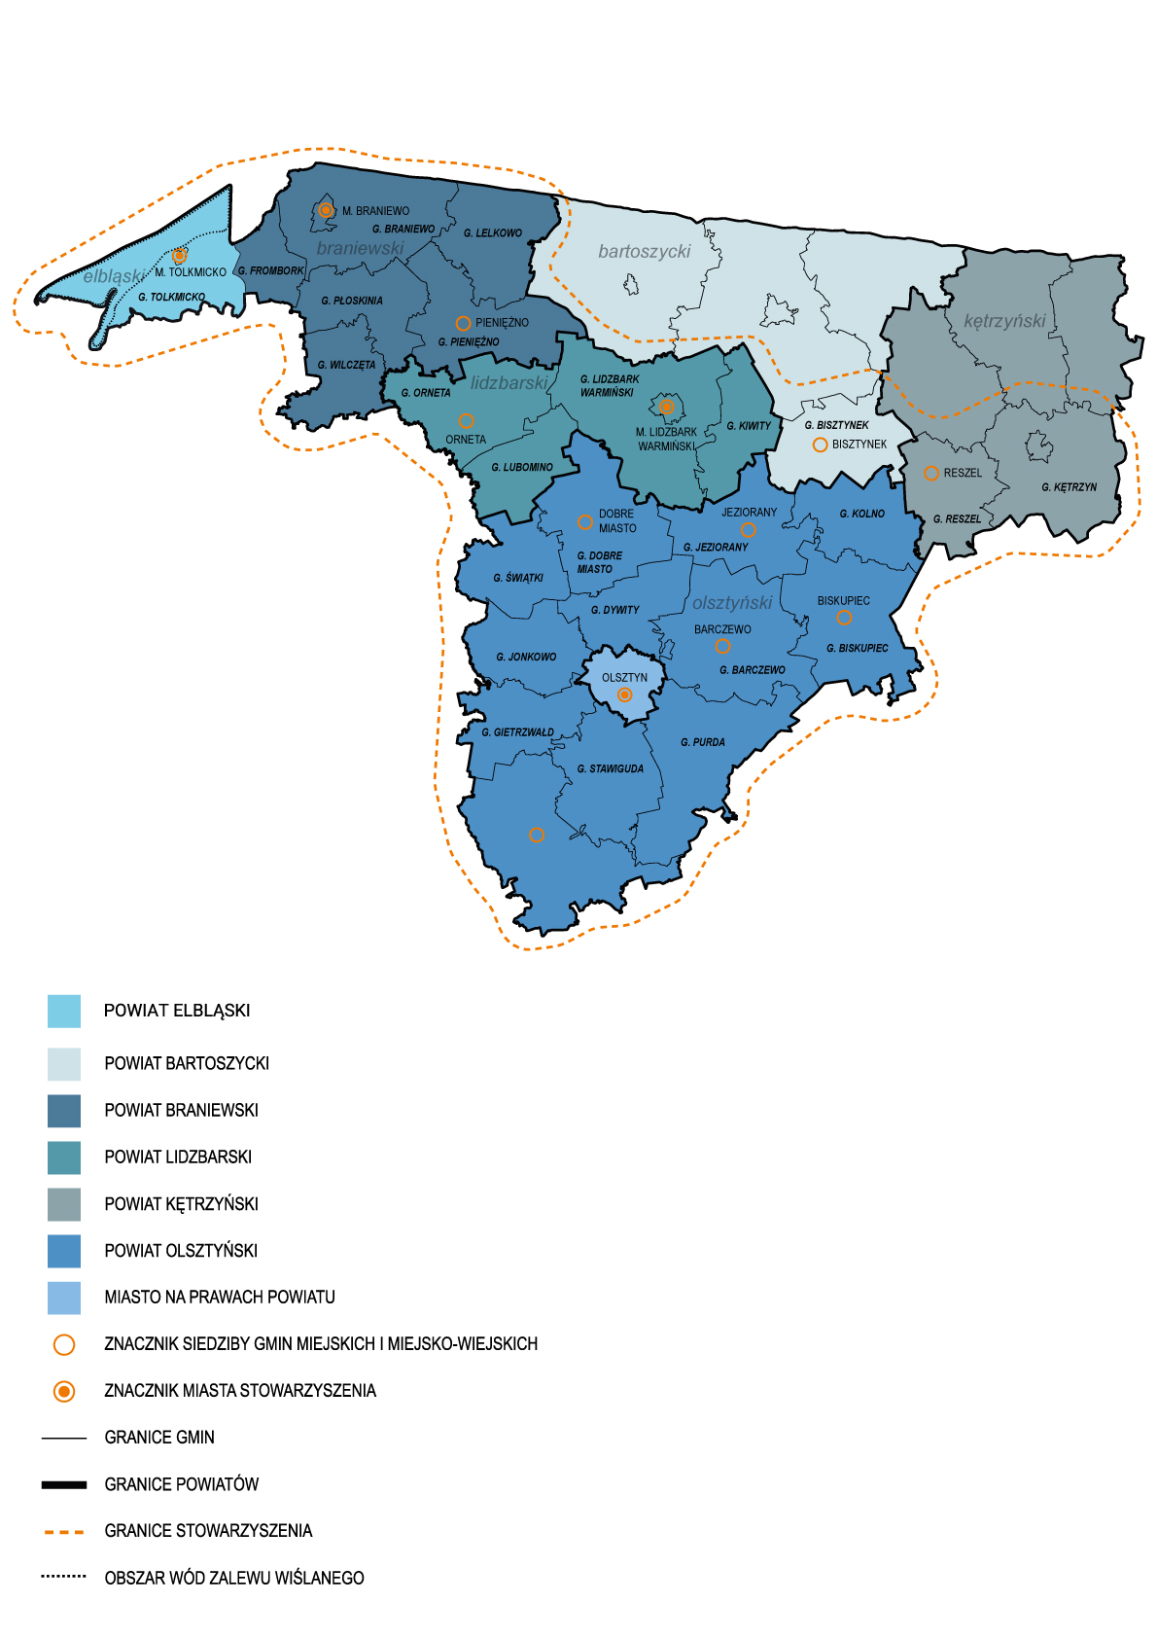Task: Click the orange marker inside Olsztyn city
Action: (625, 694)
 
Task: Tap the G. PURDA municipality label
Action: (702, 742)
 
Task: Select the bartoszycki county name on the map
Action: (644, 252)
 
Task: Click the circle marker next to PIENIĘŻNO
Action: (464, 323)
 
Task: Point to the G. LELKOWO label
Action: (493, 233)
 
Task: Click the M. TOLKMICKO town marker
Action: (180, 256)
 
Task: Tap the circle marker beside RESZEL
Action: (931, 473)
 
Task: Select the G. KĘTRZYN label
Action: (1069, 487)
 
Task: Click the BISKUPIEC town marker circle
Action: (844, 618)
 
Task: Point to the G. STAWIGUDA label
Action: (610, 768)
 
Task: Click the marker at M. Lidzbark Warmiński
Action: (666, 407)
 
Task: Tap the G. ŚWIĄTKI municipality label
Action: (518, 578)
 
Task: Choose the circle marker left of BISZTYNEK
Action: (820, 445)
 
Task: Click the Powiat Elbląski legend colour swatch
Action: (64, 1011)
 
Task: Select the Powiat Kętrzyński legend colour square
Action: (64, 1204)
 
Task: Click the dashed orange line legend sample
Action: (64, 1531)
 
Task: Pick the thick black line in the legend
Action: (64, 1484)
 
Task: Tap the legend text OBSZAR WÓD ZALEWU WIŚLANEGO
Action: (234, 1578)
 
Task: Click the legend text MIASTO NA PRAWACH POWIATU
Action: (220, 1298)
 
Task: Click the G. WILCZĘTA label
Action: (346, 366)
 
